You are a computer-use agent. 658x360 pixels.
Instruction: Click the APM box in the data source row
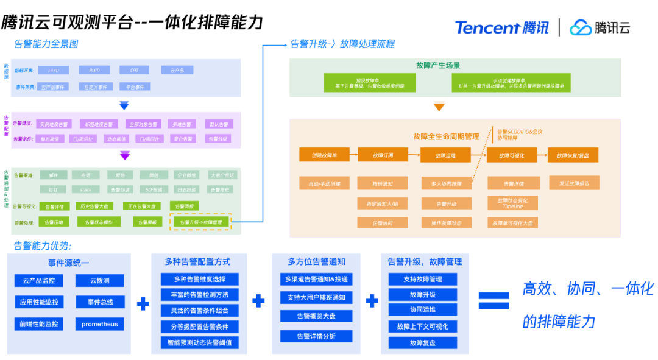point(54,70)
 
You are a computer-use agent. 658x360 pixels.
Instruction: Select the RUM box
point(94,70)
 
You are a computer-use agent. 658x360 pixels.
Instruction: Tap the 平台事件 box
point(135,86)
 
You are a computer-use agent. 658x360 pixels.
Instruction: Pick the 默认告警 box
point(218,124)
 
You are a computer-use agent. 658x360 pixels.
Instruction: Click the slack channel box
point(86,189)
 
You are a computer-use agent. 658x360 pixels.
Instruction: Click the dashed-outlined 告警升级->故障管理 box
point(200,222)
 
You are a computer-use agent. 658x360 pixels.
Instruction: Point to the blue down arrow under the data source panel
point(124,105)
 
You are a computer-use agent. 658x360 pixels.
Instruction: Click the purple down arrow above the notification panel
point(124,156)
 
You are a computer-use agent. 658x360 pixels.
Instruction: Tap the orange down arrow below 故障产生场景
point(439,108)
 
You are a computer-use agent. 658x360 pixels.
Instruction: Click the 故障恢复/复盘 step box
point(573,155)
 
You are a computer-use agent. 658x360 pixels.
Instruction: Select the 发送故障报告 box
point(574,183)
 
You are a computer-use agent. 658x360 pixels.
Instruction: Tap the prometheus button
point(100,324)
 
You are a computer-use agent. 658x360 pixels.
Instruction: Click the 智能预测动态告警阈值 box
point(200,342)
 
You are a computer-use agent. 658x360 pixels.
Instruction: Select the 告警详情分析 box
point(316,336)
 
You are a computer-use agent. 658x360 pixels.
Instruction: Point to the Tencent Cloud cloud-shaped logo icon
point(581,27)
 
